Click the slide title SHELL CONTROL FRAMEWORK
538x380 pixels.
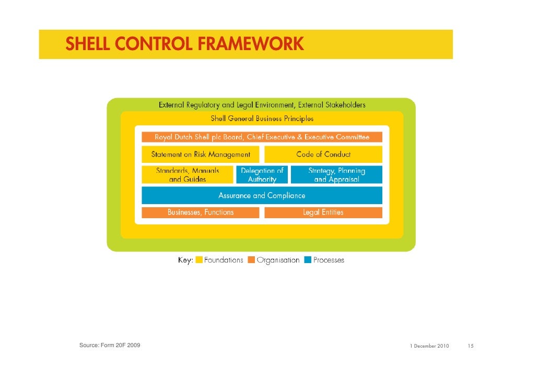(184, 44)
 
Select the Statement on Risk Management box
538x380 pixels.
(201, 155)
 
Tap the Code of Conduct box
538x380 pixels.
(323, 155)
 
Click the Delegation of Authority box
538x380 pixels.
(262, 175)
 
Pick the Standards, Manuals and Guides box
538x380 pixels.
(188, 175)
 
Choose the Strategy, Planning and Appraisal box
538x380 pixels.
(336, 175)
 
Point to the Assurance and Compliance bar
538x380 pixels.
(262, 196)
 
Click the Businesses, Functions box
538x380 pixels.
(201, 212)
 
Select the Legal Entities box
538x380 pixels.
(323, 212)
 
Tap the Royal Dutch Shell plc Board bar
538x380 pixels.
(262, 137)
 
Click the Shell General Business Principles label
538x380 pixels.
(262, 118)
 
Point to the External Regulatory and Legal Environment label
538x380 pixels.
(262, 105)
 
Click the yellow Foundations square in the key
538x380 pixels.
(199, 260)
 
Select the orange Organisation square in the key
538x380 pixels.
(251, 260)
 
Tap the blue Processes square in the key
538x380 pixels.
(308, 260)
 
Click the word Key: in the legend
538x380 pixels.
(185, 260)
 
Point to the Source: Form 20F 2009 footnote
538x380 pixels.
(110, 346)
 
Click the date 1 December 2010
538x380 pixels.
(429, 346)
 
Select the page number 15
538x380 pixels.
(471, 346)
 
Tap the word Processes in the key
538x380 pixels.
(329, 260)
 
